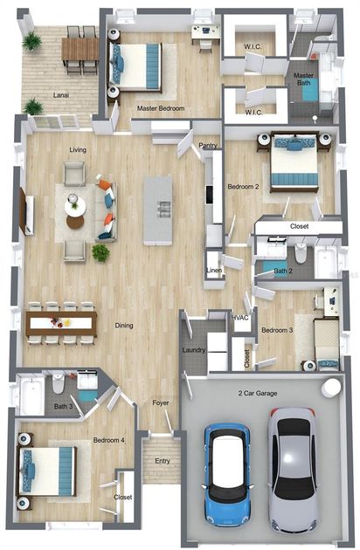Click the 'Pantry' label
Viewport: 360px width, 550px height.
208,146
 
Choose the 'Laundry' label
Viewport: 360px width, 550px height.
193,350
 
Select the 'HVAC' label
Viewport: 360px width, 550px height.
240,317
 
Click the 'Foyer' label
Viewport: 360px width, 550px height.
160,402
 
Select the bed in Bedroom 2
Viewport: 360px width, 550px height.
294,163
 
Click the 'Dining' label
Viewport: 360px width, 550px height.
124,326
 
